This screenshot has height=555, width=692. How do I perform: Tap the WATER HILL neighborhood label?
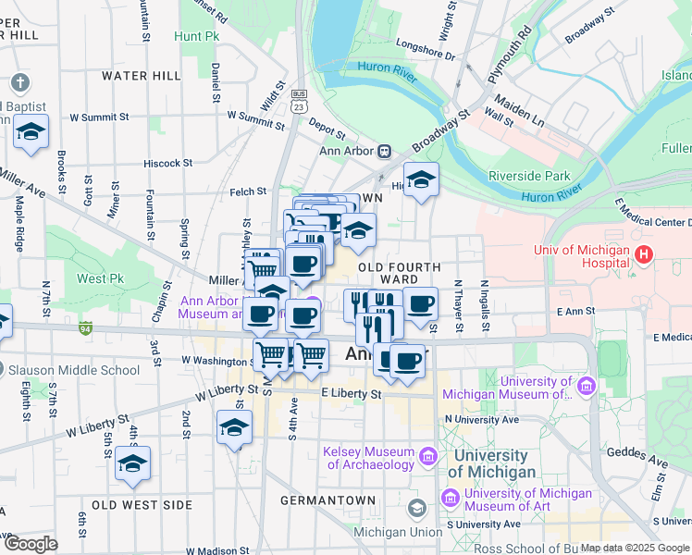(142, 76)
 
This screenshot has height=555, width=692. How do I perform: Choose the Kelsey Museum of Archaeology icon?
(427, 456)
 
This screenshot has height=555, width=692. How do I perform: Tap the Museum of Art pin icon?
(451, 499)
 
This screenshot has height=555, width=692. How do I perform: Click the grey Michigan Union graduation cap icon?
(416, 508)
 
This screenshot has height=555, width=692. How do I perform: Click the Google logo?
(31, 543)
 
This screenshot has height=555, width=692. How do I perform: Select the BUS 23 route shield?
(298, 101)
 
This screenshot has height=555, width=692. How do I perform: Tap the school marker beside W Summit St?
(31, 132)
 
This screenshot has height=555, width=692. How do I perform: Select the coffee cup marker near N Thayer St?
(420, 303)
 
